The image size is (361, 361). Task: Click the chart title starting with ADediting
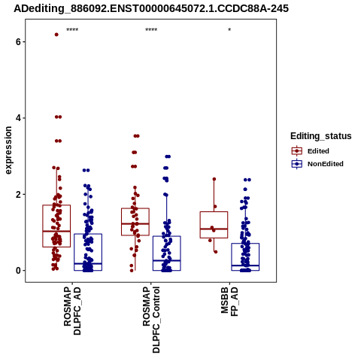[x=151, y=8]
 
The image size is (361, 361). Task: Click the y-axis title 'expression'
[x=8, y=150]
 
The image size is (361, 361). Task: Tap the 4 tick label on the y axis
[x=18, y=118]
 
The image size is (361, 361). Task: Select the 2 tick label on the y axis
[x=18, y=194]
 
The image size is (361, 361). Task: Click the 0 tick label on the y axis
[x=18, y=271]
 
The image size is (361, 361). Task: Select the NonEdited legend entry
[x=317, y=164]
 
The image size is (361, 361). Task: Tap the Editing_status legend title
[x=321, y=136]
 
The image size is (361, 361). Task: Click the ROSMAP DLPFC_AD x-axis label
[x=72, y=311]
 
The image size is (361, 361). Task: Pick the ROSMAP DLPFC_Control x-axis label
[x=151, y=320]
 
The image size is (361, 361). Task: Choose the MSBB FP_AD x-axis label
[x=229, y=302]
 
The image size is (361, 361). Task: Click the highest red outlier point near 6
[x=56, y=35]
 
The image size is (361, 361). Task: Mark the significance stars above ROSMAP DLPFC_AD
[x=72, y=30]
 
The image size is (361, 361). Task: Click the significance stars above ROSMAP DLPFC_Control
[x=151, y=30]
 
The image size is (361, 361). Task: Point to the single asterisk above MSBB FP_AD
[x=229, y=30]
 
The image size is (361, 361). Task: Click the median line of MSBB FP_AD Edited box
[x=214, y=229]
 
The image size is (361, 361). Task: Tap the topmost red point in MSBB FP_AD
[x=214, y=179]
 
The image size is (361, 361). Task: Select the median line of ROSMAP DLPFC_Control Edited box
[x=135, y=223]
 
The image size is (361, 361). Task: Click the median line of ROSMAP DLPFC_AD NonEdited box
[x=88, y=264]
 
